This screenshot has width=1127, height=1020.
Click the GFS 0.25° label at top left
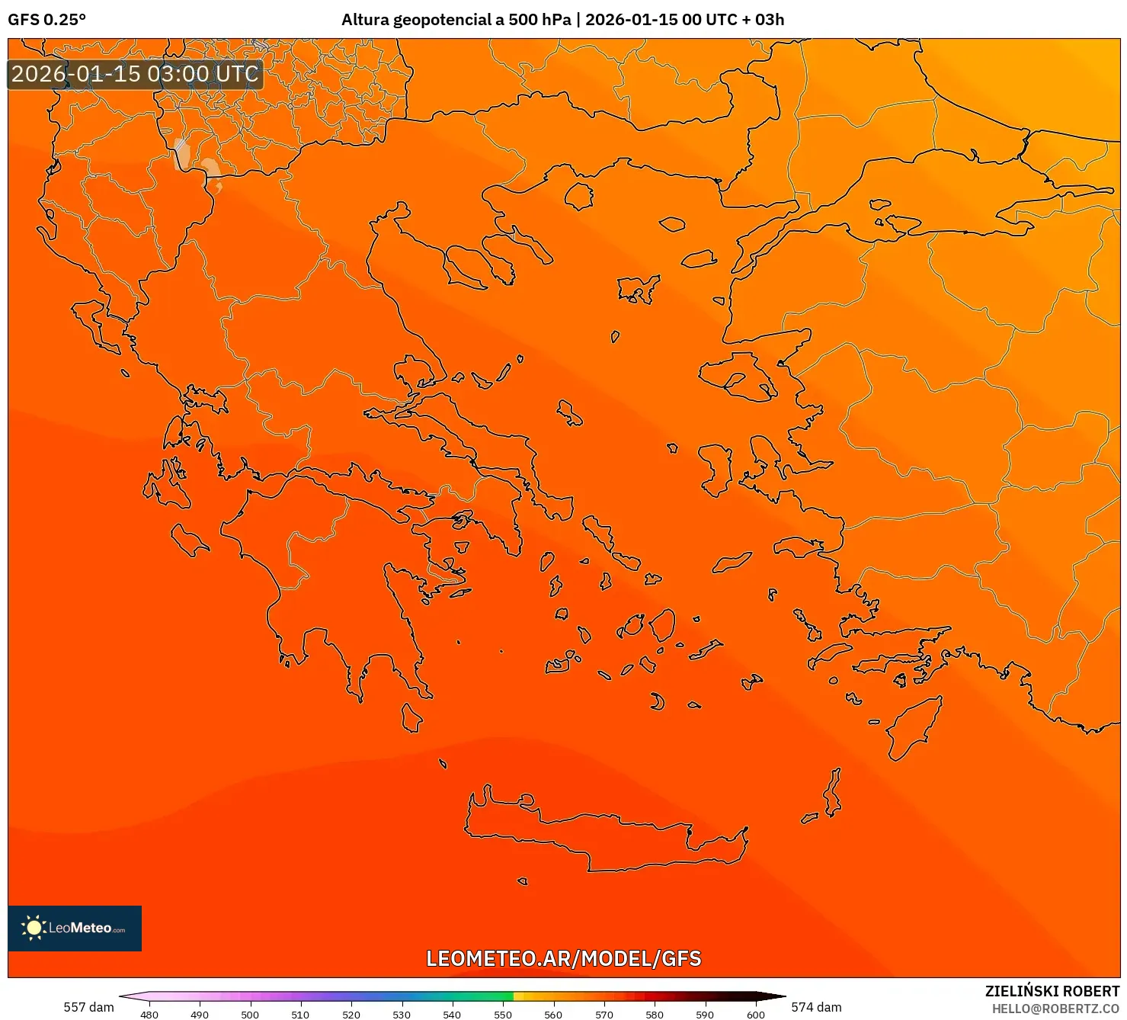pos(46,20)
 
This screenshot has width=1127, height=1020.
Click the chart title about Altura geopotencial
pos(562,20)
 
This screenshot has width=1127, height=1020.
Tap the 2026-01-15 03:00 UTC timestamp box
pos(135,75)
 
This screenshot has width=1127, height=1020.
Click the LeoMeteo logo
pos(75,928)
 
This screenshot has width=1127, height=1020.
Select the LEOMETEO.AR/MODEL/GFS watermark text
pos(563,958)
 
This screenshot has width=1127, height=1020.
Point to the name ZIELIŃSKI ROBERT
pos(1052,991)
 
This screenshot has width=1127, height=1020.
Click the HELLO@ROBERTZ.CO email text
pos(1055,1009)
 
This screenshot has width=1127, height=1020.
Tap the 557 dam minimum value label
pos(88,1007)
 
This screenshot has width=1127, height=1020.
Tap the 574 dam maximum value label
pos(816,1007)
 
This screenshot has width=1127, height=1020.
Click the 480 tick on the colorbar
pos(149,1015)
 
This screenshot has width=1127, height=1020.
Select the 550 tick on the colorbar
pos(503,1015)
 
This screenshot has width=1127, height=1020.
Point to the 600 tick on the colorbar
pos(755,1015)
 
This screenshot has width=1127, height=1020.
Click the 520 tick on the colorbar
pos(351,1015)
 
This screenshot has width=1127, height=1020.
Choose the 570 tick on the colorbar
pos(604,1015)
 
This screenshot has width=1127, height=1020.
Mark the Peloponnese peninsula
pos(335,587)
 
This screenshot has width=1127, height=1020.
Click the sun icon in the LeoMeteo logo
pos(34,928)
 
